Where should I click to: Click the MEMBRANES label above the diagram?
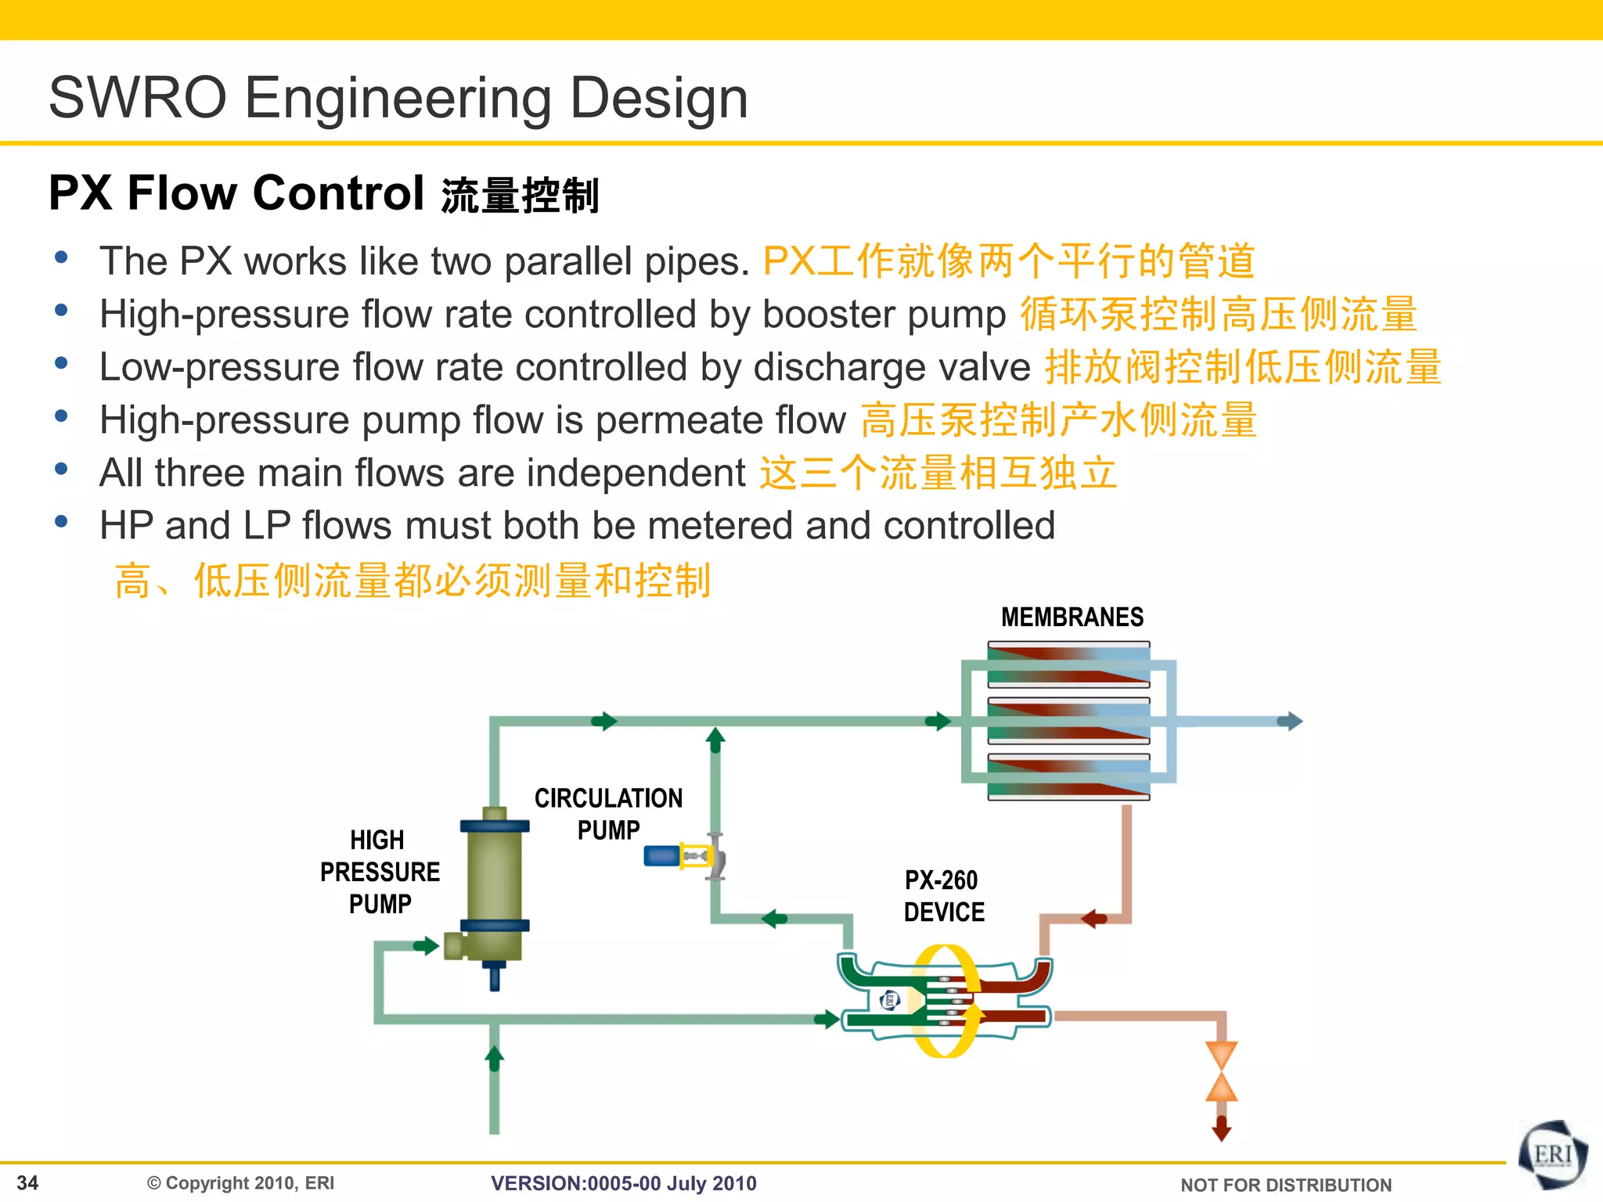[x=1072, y=617]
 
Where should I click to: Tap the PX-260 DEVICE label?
[x=943, y=896]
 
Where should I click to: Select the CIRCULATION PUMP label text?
[x=608, y=814]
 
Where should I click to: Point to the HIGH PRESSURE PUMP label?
[x=380, y=872]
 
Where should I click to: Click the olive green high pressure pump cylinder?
[x=494, y=876]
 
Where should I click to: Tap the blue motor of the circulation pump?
[x=661, y=856]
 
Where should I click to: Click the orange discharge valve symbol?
[x=1221, y=1071]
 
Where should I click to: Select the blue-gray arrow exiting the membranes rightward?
[x=1290, y=721]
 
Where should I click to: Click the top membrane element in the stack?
[x=1068, y=664]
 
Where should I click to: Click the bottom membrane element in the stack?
[x=1068, y=777]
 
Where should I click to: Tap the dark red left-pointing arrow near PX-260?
[x=1093, y=918]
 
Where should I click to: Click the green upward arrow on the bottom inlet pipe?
[x=494, y=1058]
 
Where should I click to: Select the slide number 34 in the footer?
[x=27, y=1182]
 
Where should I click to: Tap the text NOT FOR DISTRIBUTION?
[x=1285, y=1185]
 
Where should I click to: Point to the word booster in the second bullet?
[x=819, y=315]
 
